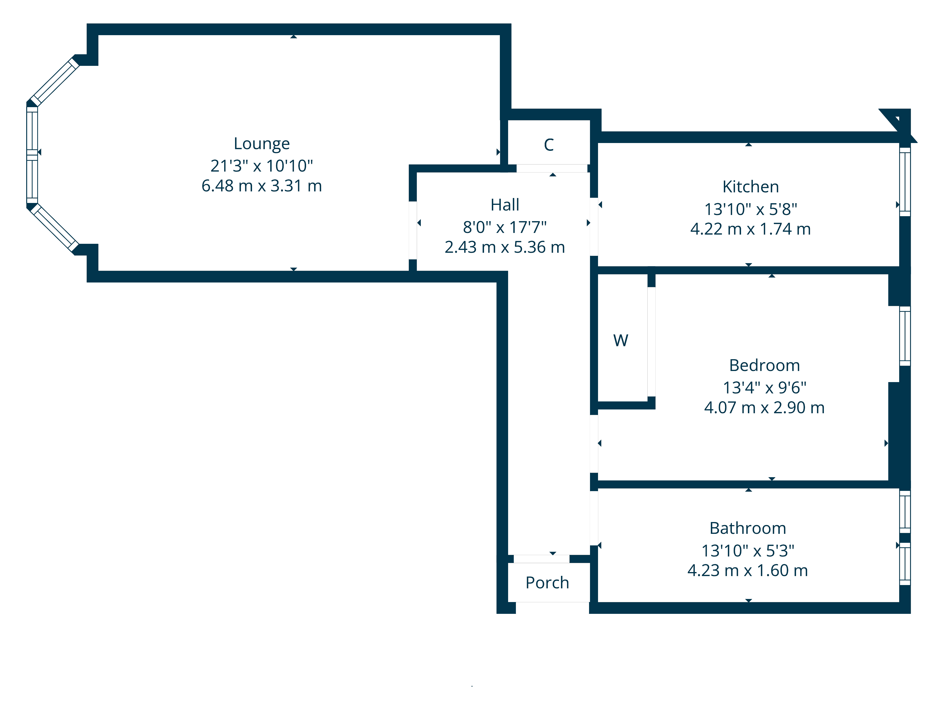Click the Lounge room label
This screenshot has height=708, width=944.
(x=261, y=144)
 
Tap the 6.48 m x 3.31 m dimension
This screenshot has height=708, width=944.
(x=261, y=186)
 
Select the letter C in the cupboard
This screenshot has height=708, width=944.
(x=549, y=145)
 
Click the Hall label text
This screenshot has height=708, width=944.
(x=505, y=205)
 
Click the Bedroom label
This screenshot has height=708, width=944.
(x=764, y=366)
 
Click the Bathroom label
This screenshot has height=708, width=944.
(x=748, y=528)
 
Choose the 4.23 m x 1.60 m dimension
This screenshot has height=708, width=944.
(x=748, y=571)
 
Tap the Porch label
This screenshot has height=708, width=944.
(x=547, y=583)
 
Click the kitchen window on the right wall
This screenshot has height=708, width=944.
(x=905, y=182)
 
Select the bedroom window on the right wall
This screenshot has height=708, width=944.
(x=905, y=336)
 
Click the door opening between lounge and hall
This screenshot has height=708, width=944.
(x=413, y=230)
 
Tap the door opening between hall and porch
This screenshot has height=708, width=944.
(x=541, y=559)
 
